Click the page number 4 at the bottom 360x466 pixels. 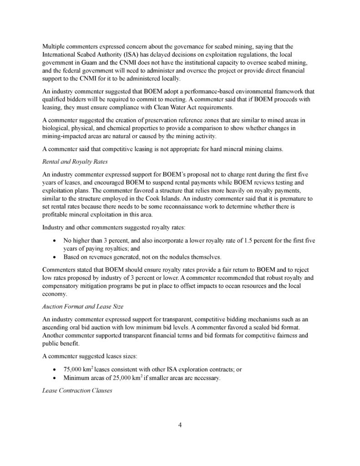pos(180,425)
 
